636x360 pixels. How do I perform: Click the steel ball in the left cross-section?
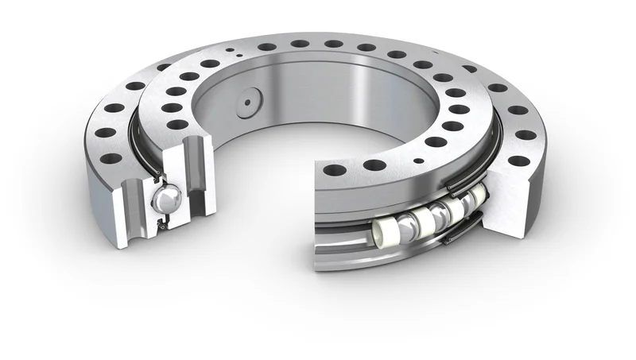point(168,198)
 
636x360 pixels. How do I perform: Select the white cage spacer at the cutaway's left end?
point(383,230)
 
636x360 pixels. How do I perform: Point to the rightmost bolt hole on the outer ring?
point(525,134)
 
